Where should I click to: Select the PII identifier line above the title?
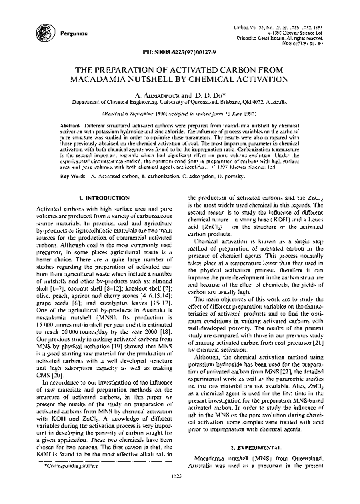(180, 53)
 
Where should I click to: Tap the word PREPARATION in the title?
(131, 69)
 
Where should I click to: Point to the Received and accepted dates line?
(180, 115)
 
